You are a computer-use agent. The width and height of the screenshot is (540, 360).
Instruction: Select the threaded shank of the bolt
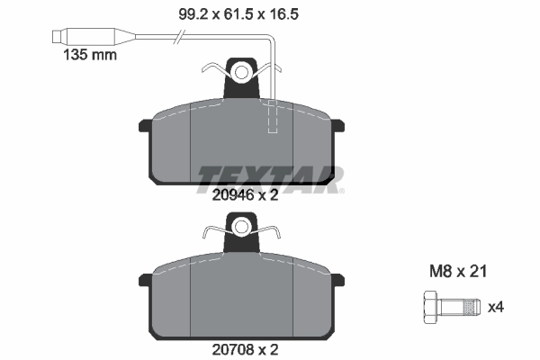point(463,306)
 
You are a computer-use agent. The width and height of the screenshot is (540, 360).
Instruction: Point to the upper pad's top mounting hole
point(240,71)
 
